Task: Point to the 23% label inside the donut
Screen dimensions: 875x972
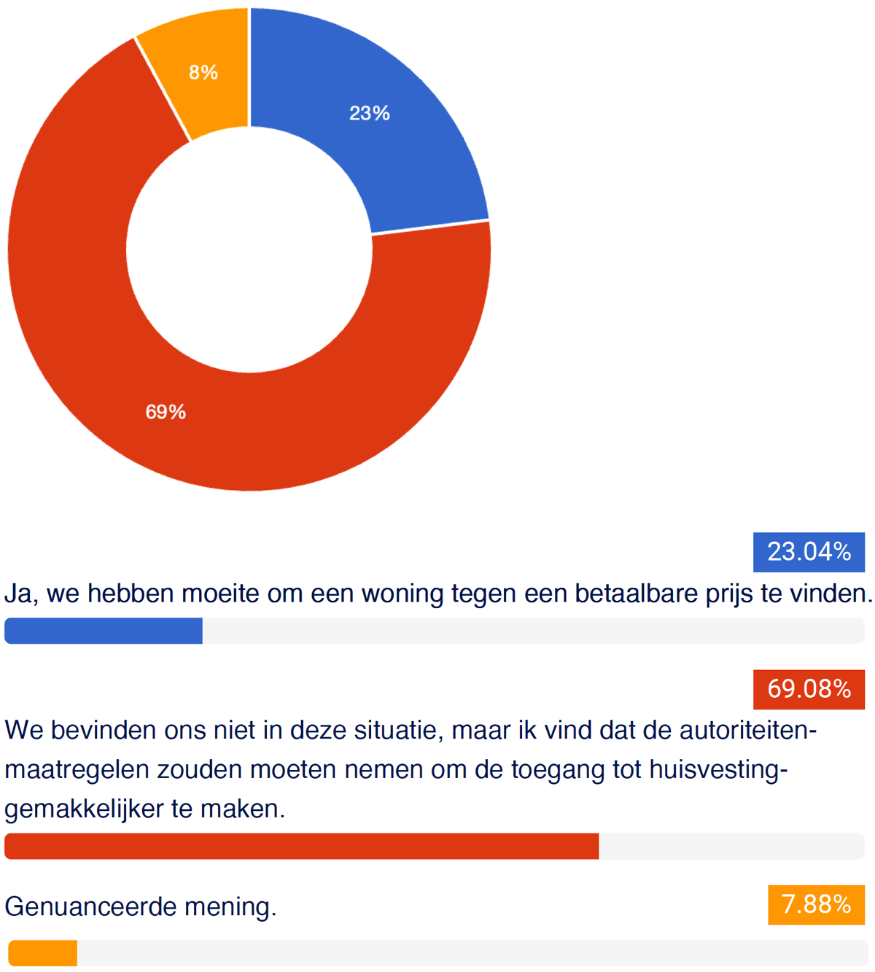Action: pos(370,113)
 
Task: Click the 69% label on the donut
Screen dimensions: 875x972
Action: pos(166,412)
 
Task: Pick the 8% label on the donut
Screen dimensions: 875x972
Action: pos(203,73)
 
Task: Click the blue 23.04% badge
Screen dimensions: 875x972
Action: pos(809,552)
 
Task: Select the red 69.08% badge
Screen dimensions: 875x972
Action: pos(809,690)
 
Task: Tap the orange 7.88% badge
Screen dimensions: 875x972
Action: pos(817,905)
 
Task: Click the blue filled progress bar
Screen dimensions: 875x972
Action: pos(104,631)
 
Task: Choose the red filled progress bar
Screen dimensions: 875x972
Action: pos(302,846)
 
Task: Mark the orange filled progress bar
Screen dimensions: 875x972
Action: pos(43,953)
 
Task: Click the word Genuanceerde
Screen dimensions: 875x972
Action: pos(90,907)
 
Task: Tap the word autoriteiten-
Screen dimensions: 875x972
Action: pos(748,731)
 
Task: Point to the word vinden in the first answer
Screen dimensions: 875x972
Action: pos(831,594)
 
